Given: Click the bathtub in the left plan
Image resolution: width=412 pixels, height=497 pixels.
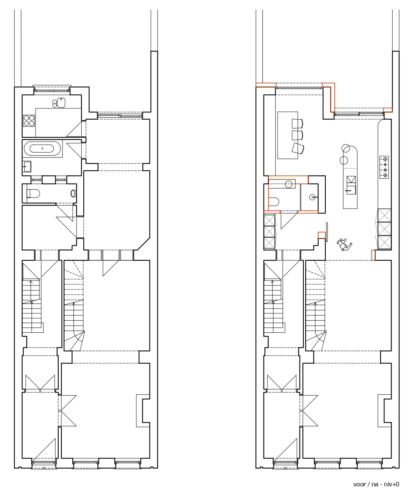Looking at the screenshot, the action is [42, 148].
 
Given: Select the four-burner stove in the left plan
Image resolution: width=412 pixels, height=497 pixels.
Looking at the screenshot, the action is [29, 120].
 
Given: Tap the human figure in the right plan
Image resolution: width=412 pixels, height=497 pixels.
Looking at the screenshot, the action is [344, 245].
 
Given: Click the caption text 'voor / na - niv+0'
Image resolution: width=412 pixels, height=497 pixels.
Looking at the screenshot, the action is [376, 483].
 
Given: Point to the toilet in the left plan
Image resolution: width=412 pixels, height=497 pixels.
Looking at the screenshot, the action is [33, 193].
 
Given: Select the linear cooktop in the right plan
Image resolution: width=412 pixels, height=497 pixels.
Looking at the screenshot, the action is [384, 167].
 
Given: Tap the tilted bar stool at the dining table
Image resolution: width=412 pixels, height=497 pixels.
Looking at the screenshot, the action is [297, 148].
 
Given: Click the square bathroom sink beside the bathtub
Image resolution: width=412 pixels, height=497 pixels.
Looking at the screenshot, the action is [27, 167].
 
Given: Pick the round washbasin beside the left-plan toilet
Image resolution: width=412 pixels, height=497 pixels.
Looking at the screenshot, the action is [74, 193].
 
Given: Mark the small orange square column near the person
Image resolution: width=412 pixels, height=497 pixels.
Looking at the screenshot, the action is [322, 235].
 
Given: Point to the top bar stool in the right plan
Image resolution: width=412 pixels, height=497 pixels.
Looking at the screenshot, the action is [297, 123].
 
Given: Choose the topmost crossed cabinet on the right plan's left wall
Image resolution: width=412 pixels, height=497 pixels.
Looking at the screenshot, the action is [269, 220].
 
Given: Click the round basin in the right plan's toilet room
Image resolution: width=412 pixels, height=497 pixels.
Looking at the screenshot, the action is [289, 184].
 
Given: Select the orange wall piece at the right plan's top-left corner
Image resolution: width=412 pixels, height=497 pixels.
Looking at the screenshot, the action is [266, 85].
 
